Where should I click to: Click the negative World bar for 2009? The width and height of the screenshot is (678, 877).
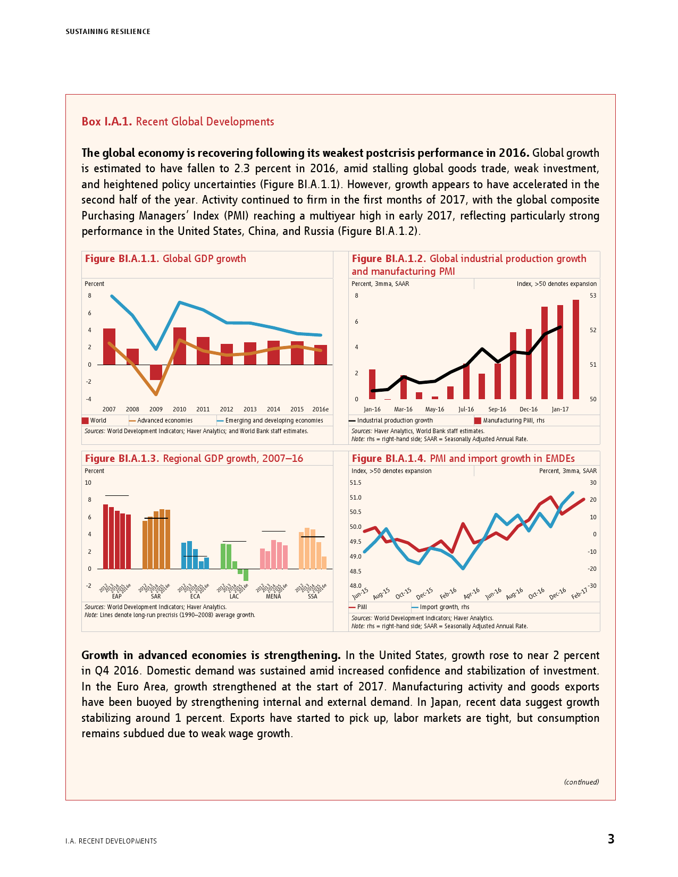coord(156,372)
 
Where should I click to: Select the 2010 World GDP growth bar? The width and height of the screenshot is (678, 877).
coord(180,346)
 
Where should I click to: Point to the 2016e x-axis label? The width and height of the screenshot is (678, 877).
coord(320,409)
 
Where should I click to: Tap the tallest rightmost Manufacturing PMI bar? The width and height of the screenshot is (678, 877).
coord(576,349)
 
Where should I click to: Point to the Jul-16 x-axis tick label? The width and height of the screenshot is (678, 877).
coord(466,409)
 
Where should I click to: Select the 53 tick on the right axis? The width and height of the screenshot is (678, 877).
coord(593,296)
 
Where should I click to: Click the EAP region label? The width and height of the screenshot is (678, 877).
coord(116,596)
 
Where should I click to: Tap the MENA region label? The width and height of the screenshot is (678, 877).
coord(273,596)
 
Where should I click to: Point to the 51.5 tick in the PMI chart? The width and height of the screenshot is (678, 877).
coord(355,483)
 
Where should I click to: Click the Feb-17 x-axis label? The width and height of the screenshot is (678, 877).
coord(579,594)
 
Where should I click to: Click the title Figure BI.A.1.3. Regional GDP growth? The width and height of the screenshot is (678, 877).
coord(194,459)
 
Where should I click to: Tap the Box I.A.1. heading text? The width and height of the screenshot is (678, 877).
coord(178,122)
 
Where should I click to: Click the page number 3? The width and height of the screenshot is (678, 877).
coord(611,839)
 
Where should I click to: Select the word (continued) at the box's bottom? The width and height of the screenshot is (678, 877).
coord(581,782)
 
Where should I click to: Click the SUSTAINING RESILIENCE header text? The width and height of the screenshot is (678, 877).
coord(108,32)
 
